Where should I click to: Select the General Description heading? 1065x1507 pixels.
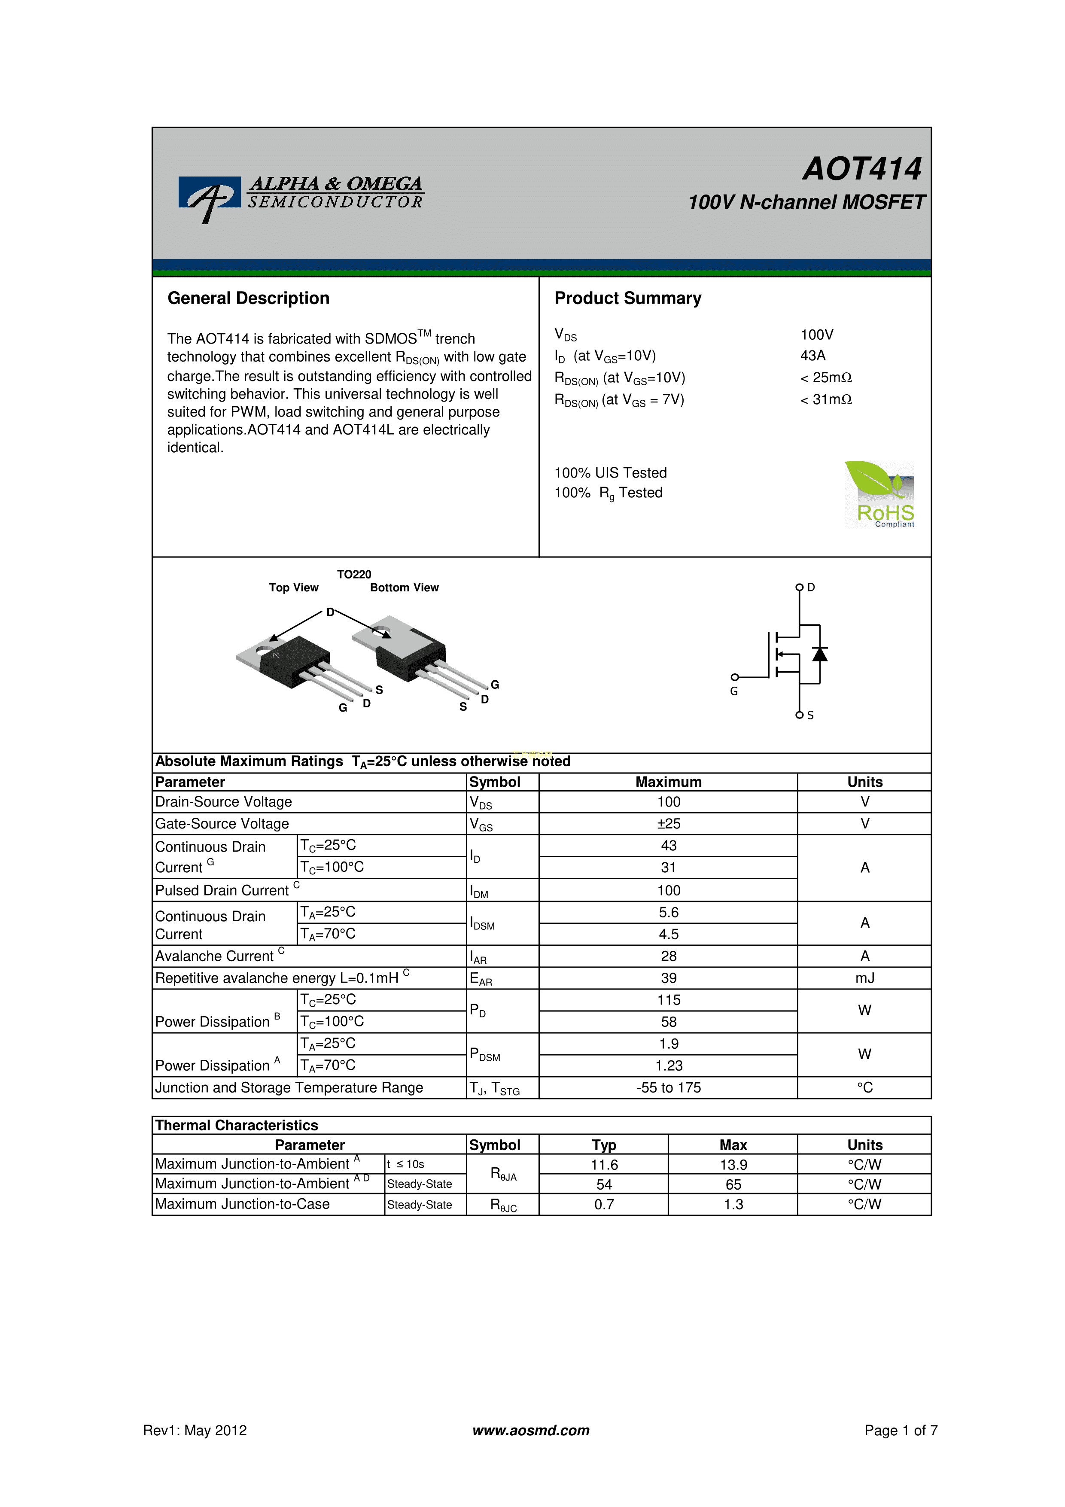tap(248, 298)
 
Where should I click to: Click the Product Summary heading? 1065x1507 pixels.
tap(628, 298)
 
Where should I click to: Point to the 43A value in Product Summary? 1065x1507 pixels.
tap(813, 356)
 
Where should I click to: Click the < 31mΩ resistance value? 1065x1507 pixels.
tap(826, 400)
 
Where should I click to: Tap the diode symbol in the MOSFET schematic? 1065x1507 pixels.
tap(820, 654)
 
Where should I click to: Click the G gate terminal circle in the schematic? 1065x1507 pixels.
tap(735, 677)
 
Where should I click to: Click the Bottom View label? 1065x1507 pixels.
tap(404, 588)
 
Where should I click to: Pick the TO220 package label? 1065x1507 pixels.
tap(354, 574)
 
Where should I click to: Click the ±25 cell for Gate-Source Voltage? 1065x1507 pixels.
tap(669, 824)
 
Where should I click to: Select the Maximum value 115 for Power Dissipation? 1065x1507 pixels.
tap(669, 1000)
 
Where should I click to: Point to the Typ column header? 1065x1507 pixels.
tap(604, 1145)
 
